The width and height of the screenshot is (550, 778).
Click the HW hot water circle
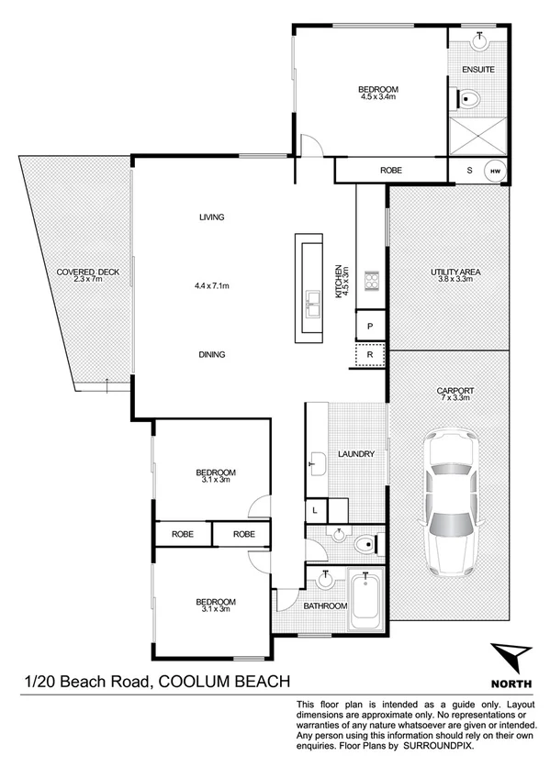click(495, 171)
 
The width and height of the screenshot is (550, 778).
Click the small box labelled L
click(314, 509)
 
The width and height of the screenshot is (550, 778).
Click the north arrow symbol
click(511, 659)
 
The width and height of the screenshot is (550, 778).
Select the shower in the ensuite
click(477, 135)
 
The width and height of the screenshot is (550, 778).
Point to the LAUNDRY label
click(354, 454)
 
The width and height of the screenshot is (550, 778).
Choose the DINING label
click(212, 354)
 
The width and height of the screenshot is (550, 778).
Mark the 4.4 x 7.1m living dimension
click(212, 286)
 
